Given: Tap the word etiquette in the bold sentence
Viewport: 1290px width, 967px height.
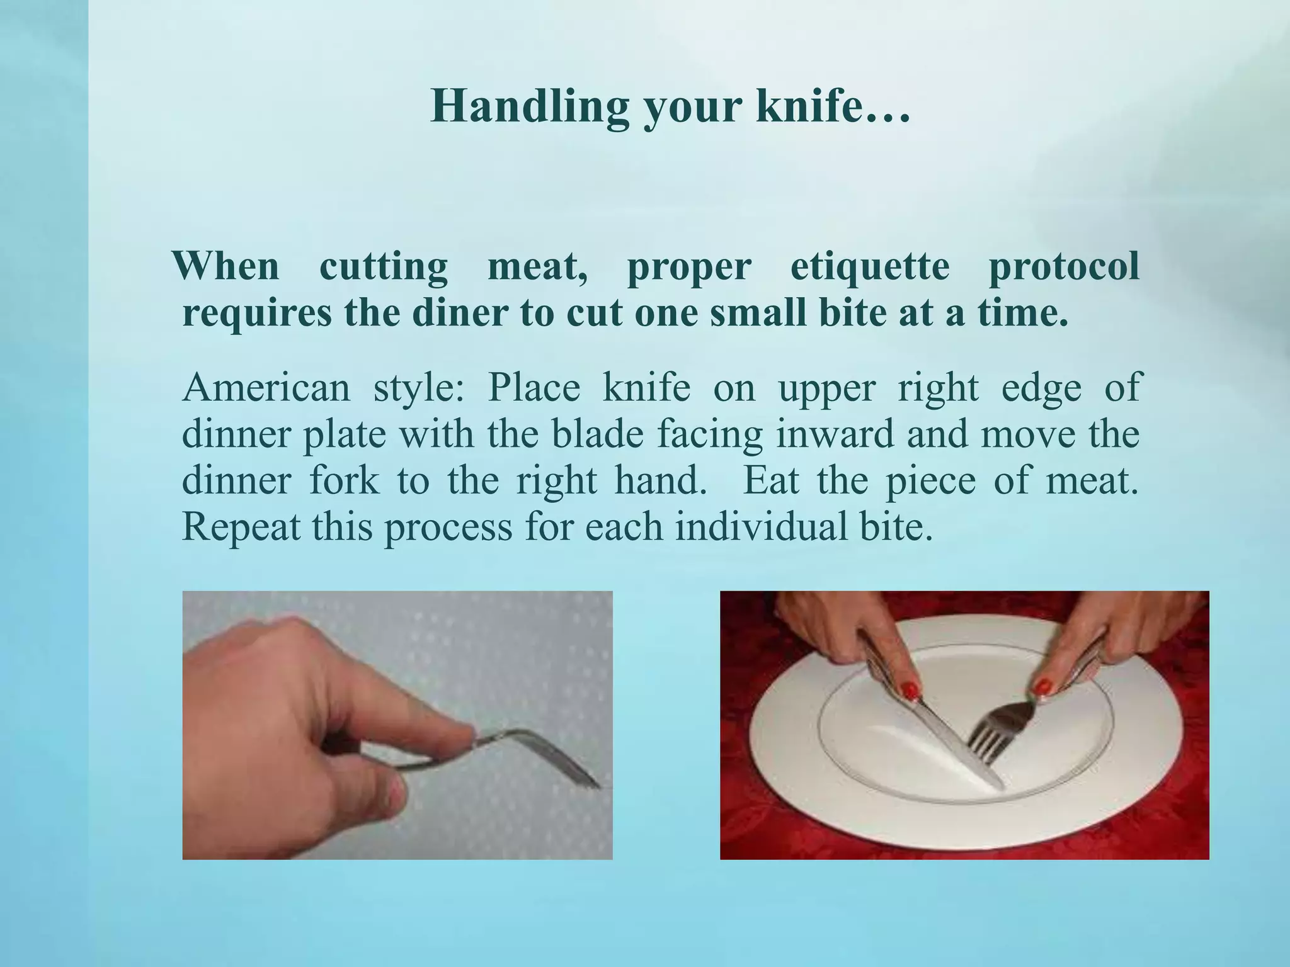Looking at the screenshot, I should pos(870,266).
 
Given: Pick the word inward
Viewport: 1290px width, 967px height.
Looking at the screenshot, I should pos(835,434).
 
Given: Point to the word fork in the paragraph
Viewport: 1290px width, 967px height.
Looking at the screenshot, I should pos(345,480).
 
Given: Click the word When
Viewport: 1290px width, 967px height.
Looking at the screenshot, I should pos(225,266).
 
